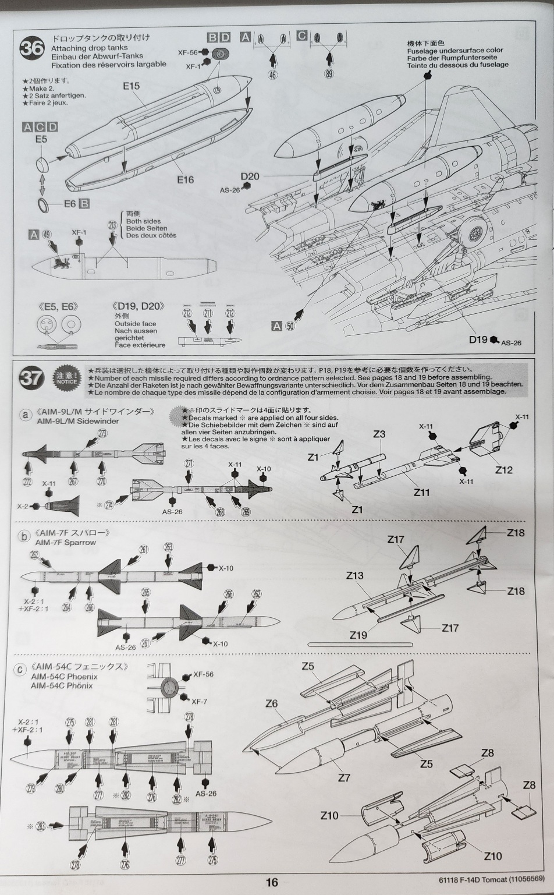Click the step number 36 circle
point(31,48)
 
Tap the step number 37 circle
point(31,378)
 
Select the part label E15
point(131,86)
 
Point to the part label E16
point(185,180)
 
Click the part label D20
point(250,176)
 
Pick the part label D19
point(478,339)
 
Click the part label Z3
point(379,434)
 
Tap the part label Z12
point(503,470)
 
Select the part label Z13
point(354,575)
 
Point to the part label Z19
point(358,635)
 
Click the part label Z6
point(271,703)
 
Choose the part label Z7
point(343,777)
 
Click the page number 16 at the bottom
point(272,882)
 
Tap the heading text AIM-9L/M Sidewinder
point(77,421)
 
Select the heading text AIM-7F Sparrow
point(65,542)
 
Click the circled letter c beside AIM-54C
point(21,670)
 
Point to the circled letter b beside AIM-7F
point(23,536)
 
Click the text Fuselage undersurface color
point(455,51)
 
